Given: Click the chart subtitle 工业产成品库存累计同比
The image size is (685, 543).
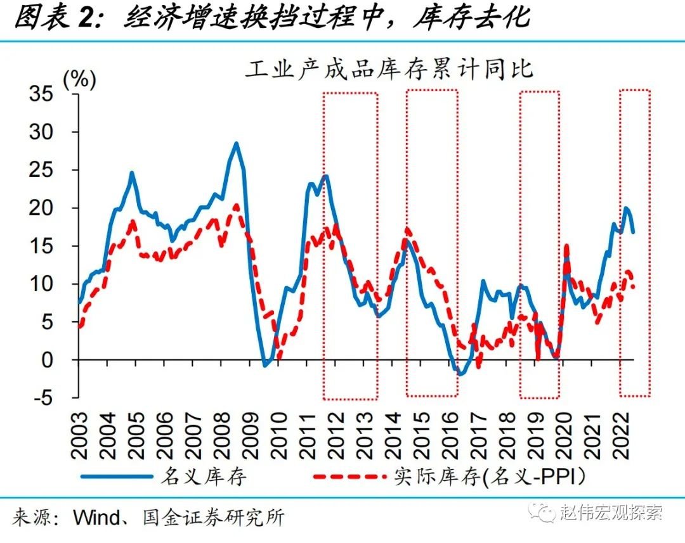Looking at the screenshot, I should click(x=389, y=69).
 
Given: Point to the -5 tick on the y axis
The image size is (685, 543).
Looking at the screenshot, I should click(x=53, y=398).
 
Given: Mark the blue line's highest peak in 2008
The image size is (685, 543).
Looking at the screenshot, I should click(x=236, y=143).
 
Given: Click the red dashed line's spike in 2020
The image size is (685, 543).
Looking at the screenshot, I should click(x=566, y=245).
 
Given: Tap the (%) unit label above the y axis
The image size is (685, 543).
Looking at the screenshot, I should click(x=79, y=80).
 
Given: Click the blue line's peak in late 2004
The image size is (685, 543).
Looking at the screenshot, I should click(x=132, y=172).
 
